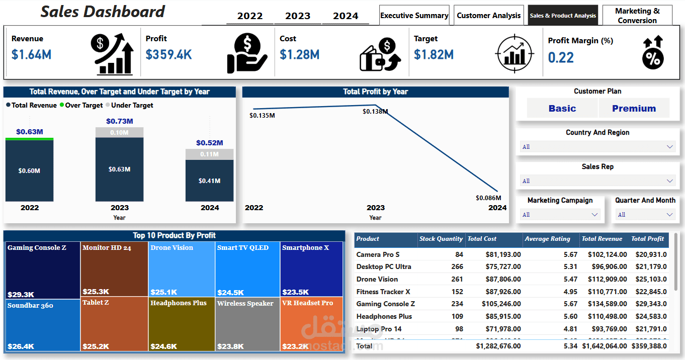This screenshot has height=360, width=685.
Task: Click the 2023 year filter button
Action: pyautogui.click(x=298, y=16)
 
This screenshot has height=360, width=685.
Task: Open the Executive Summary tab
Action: pyautogui.click(x=414, y=16)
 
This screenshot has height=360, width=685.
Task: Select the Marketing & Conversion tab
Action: pyautogui.click(x=637, y=16)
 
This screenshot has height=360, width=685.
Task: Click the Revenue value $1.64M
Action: pyautogui.click(x=31, y=54)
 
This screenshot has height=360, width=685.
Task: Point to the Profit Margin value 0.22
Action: pyautogui.click(x=561, y=57)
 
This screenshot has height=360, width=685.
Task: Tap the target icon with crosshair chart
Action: pyautogui.click(x=513, y=53)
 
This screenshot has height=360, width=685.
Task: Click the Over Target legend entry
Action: pyautogui.click(x=81, y=105)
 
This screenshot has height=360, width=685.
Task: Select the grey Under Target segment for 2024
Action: pyautogui.click(x=209, y=154)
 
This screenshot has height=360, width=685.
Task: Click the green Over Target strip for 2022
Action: pyautogui.click(x=29, y=139)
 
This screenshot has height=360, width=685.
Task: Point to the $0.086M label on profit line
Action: pyautogui.click(x=488, y=198)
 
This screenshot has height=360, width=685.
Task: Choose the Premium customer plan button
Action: pyautogui.click(x=634, y=108)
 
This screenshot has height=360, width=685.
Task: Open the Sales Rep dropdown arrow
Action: pyautogui.click(x=670, y=181)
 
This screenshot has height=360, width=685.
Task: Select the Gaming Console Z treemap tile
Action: pyautogui.click(x=43, y=270)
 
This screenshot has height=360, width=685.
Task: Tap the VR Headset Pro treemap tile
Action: pyautogui.click(x=311, y=324)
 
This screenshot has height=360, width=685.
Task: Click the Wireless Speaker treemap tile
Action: pyautogui.click(x=247, y=324)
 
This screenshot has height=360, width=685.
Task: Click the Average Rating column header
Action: pyautogui.click(x=548, y=239)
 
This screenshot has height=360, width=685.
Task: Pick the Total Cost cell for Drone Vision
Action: pyautogui.click(x=503, y=279)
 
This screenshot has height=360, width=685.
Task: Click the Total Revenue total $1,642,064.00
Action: pyautogui.click(x=604, y=346)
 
